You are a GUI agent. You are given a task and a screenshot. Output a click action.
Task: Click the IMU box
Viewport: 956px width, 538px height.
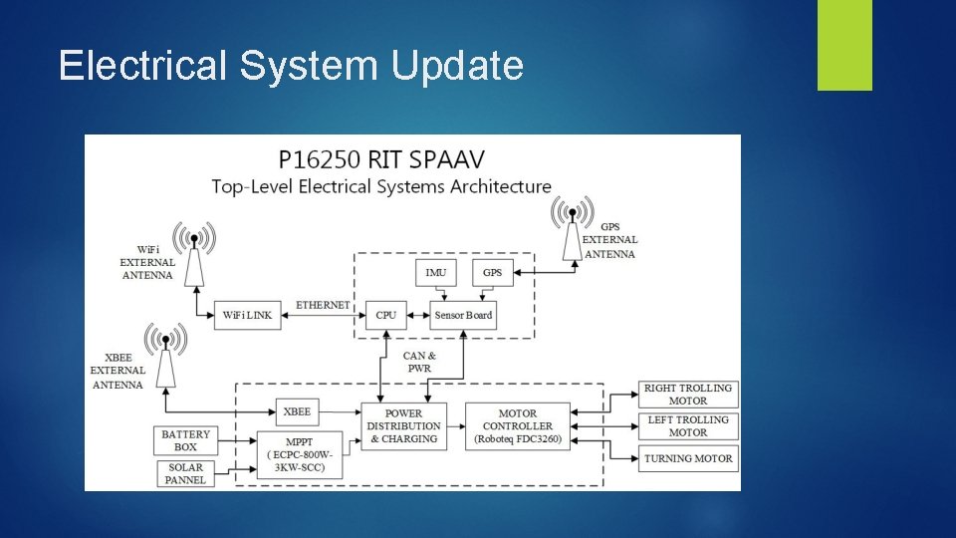click(436, 273)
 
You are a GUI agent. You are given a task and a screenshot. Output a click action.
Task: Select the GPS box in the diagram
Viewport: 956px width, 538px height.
click(493, 273)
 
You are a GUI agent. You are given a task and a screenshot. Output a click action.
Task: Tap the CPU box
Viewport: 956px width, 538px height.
click(386, 315)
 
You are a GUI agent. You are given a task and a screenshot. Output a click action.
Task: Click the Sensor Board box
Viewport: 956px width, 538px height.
click(463, 315)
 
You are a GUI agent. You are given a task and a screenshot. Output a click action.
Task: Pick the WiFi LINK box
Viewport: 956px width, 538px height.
click(247, 315)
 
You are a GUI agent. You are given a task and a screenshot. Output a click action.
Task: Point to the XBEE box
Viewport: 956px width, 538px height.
click(297, 411)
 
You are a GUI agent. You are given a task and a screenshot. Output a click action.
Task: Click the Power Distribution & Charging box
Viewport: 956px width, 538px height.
click(403, 425)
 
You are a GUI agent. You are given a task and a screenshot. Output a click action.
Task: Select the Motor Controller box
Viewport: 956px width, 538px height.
click(518, 425)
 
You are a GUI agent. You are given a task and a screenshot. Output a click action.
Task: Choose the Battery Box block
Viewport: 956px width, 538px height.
click(186, 440)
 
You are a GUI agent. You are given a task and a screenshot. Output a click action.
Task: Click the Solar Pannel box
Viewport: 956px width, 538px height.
click(185, 473)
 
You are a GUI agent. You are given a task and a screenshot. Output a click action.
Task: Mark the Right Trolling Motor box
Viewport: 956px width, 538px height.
click(687, 394)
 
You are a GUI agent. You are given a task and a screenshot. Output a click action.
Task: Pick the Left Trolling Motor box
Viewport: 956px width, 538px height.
click(687, 425)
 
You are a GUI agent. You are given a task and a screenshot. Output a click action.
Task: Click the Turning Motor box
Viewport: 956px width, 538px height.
click(687, 458)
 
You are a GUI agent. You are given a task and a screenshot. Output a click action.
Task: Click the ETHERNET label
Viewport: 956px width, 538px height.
click(323, 304)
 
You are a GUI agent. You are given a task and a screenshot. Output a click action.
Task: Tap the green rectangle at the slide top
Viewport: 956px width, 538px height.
click(844, 44)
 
